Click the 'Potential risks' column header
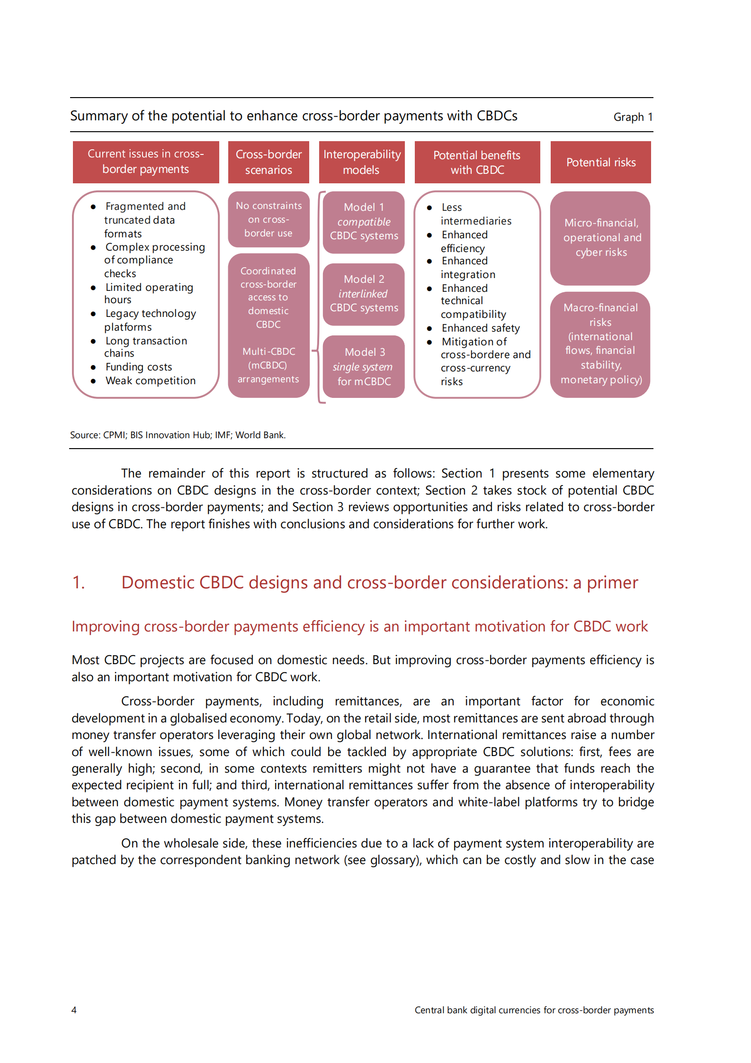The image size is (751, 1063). (600, 162)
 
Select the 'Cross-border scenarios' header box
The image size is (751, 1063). (268, 162)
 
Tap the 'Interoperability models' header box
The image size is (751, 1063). (362, 162)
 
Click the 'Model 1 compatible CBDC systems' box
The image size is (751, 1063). (364, 222)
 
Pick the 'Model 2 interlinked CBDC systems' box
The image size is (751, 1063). (364, 294)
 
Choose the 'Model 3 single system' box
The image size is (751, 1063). (364, 367)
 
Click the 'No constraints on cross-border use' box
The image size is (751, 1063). (268, 219)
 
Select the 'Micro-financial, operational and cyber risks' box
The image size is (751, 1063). (600, 238)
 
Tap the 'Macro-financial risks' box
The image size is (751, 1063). (600, 344)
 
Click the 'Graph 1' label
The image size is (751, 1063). (633, 117)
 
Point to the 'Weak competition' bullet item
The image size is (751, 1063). (150, 381)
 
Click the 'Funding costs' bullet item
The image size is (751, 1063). (139, 367)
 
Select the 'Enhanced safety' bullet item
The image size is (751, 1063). (480, 328)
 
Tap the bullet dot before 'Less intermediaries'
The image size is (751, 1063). (429, 208)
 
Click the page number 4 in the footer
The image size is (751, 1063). (74, 1010)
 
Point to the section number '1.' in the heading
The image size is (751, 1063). (79, 583)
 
